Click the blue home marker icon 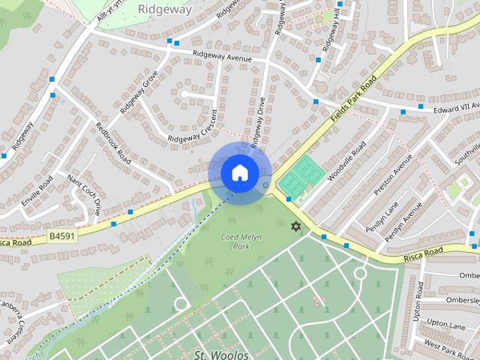tap(239, 172)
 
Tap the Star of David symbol tap(295, 226)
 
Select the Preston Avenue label tap(393, 174)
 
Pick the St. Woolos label tap(216, 353)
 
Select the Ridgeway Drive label tap(258, 124)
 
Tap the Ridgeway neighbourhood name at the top tap(166, 10)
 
